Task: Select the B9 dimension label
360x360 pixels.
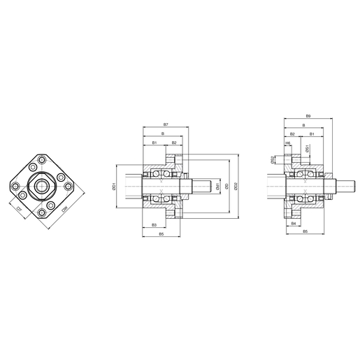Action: coord(307,116)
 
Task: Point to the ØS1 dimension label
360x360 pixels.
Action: coord(307,150)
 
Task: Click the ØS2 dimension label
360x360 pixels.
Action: coord(273,159)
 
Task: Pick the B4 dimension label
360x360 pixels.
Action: coord(294,223)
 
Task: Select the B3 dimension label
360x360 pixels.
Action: coord(154,224)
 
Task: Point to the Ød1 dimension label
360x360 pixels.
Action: coord(218,186)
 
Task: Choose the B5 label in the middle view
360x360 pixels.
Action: coord(161,234)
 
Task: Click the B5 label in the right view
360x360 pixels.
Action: coord(306,231)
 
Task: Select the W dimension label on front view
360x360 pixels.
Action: coord(64,208)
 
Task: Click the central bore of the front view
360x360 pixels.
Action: coord(42,186)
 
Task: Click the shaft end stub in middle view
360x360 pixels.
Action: coord(202,186)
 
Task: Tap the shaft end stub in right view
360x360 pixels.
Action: coord(343,186)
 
